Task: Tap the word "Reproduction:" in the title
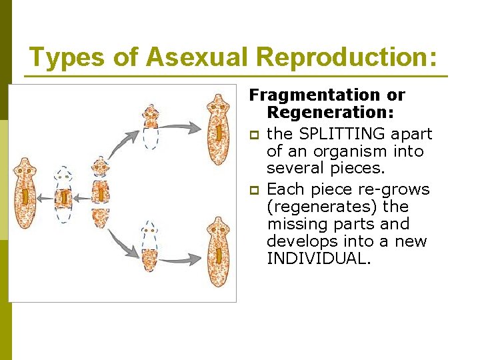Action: pos(347,58)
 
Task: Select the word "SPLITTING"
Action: pos(336,134)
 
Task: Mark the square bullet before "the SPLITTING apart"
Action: pos(255,135)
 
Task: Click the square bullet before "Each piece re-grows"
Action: pos(255,190)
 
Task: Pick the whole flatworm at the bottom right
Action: pos(218,251)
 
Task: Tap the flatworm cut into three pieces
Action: pos(101,194)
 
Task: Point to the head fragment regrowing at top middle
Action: pos(151,125)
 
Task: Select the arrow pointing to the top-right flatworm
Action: pos(183,125)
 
